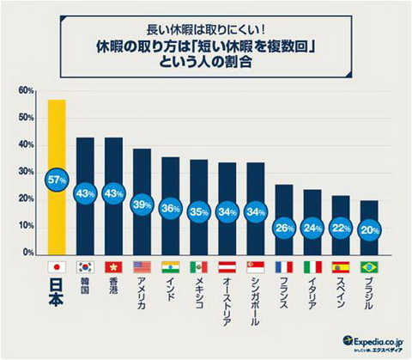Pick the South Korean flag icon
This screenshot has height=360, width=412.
pyautogui.click(x=85, y=266)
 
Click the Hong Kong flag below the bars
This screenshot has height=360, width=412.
pyautogui.click(x=113, y=266)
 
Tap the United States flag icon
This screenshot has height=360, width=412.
pyautogui.click(x=142, y=266)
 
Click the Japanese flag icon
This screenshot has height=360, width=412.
pyautogui.click(x=57, y=266)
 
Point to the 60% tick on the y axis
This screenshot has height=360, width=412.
pyautogui.click(x=25, y=90)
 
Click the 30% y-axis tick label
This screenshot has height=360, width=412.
pyautogui.click(x=25, y=172)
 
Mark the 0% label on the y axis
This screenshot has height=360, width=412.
pyautogui.click(x=27, y=253)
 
